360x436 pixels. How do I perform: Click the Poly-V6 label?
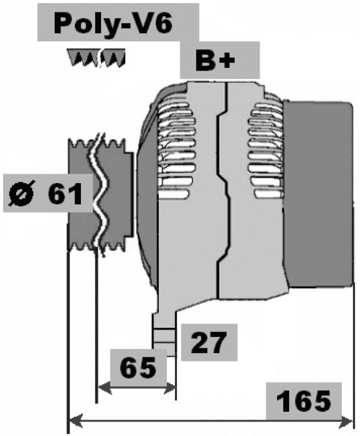pyautogui.click(x=113, y=24)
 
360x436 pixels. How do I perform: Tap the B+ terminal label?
pyautogui.click(x=216, y=60)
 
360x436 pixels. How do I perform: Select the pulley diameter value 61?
pyautogui.click(x=65, y=194)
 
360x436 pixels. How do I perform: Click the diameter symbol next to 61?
pyautogui.click(x=22, y=193)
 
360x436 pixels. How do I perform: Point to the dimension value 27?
pyautogui.click(x=207, y=343)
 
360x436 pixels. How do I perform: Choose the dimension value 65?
pyautogui.click(x=138, y=368)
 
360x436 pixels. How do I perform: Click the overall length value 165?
pyautogui.click(x=303, y=401)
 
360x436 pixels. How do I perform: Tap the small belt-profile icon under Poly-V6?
pyautogui.click(x=97, y=58)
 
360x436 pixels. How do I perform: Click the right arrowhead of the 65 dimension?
pyautogui.click(x=169, y=387)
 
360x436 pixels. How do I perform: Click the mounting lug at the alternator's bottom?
pyautogui.click(x=164, y=332)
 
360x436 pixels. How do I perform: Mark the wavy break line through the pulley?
pyautogui.click(x=99, y=194)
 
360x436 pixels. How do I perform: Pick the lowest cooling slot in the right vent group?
pyautogui.click(x=269, y=194)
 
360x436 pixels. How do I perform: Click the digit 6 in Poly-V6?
pyautogui.click(x=162, y=24)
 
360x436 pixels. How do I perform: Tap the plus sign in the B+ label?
pyautogui.click(x=227, y=60)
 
